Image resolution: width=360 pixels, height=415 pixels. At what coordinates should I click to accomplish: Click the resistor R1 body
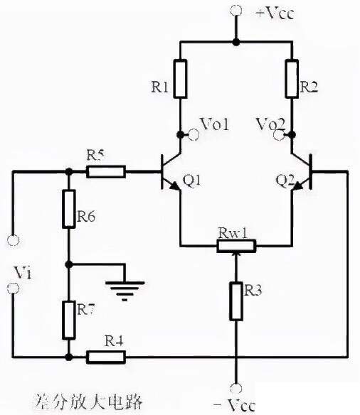181,79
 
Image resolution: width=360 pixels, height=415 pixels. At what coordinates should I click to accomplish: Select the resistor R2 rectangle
292,79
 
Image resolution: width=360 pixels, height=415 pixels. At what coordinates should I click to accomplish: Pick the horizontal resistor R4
105,356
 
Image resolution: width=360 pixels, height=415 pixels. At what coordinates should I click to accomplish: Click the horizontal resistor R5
105,171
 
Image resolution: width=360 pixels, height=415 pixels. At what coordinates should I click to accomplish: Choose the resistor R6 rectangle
68,209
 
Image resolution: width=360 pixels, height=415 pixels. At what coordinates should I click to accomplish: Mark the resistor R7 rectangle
68,319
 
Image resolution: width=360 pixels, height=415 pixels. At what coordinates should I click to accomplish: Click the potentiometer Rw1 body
235,246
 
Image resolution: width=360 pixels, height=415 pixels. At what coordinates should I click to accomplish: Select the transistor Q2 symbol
300,174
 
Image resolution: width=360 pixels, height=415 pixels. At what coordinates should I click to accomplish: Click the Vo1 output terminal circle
190,133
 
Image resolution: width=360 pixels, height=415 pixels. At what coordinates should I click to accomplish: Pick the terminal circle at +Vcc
235,10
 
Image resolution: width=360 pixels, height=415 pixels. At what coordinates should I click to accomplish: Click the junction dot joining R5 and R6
68,171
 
